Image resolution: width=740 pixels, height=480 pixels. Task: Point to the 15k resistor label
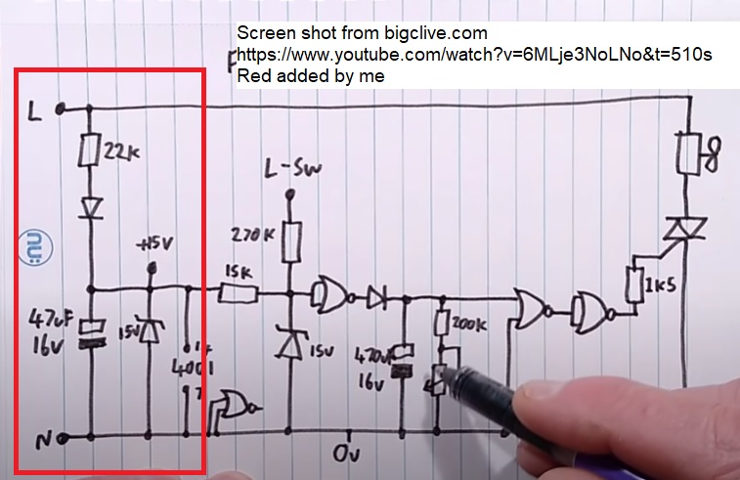(x=239, y=270)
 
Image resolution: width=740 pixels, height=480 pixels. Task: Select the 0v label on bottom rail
(x=347, y=455)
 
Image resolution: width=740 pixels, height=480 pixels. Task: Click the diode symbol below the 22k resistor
(x=90, y=208)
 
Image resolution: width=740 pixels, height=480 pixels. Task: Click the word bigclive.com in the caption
(x=435, y=33)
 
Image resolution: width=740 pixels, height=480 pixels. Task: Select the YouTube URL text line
(x=475, y=55)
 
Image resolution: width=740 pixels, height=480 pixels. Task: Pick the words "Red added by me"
(x=311, y=75)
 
